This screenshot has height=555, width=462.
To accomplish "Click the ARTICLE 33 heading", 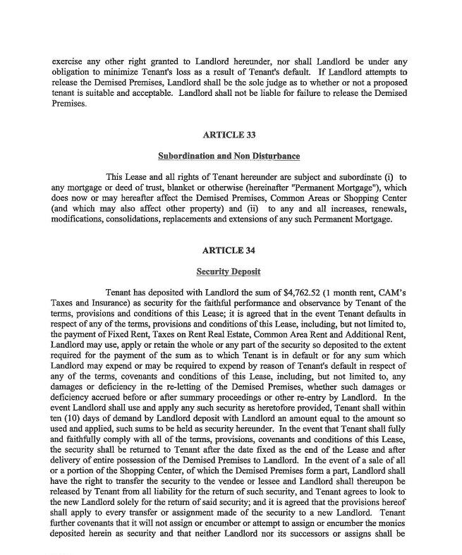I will click(229, 135).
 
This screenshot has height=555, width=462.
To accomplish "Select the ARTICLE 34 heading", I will click(229, 250).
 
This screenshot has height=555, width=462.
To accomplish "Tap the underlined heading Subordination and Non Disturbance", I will click(229, 156).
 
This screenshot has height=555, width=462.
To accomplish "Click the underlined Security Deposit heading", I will click(229, 272).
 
